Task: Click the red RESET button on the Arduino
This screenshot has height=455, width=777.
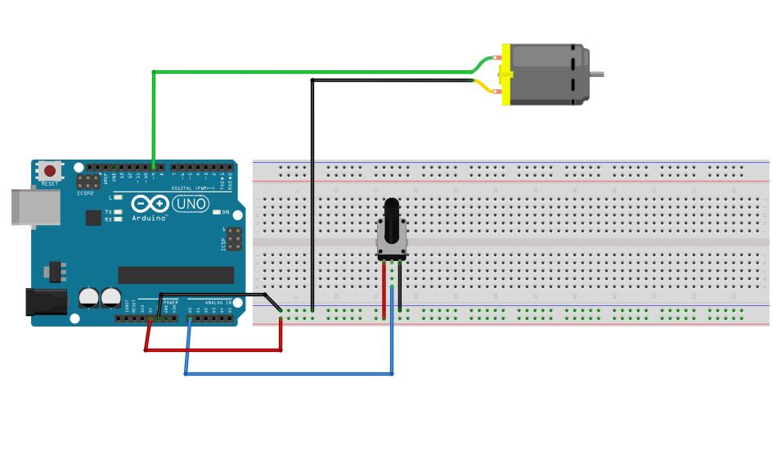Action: [x=50, y=171]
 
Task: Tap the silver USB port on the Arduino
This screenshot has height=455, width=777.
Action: [x=33, y=207]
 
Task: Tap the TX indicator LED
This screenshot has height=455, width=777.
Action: [x=119, y=212]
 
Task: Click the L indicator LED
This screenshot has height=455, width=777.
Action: [x=119, y=197]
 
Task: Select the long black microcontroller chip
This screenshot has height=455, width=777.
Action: [x=176, y=275]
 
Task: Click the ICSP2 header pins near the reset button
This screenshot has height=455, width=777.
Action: [x=88, y=182]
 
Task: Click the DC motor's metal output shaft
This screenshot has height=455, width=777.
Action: [x=597, y=74]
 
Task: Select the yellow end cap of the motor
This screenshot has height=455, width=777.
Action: [x=505, y=74]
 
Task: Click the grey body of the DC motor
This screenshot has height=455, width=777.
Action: [x=548, y=74]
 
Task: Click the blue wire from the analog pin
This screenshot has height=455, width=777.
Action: [x=286, y=374]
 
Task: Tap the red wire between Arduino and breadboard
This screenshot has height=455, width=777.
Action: [x=213, y=350]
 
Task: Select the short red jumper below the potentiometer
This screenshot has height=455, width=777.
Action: [x=384, y=291]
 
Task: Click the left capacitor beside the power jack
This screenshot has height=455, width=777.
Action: [x=88, y=297]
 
